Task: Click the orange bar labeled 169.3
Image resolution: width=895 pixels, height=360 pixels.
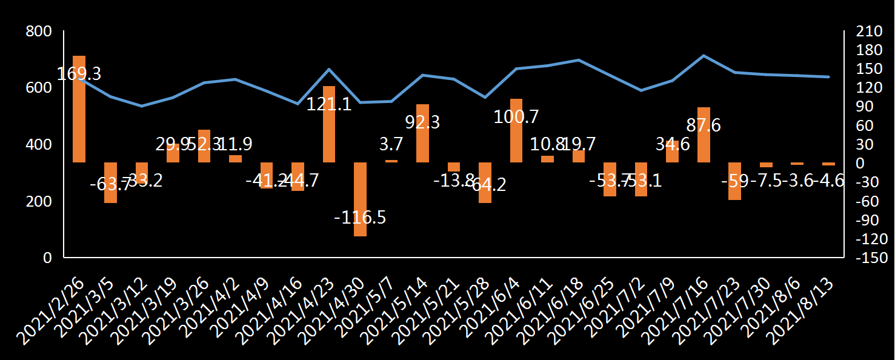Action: coord(79,109)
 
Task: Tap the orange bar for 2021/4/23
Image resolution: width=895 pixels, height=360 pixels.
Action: coord(329,124)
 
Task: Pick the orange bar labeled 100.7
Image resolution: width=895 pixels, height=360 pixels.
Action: coord(516,130)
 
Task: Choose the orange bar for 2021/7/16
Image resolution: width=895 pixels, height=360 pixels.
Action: coord(704,135)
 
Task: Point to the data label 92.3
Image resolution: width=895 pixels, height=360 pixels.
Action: coord(423,122)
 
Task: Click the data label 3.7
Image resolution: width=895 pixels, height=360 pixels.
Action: coord(391,144)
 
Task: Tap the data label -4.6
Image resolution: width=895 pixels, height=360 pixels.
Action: coord(828,181)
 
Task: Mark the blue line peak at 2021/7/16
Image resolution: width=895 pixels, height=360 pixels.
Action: coord(704,56)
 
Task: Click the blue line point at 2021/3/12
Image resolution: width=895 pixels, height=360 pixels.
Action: coord(141,106)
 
